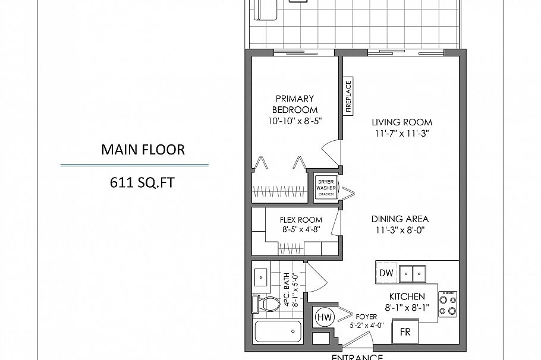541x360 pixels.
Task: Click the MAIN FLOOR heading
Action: [143, 149]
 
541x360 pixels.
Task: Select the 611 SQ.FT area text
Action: [143, 182]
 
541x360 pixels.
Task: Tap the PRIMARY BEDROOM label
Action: [294, 104]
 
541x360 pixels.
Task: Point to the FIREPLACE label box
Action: [348, 96]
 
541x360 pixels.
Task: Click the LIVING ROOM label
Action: [401, 122]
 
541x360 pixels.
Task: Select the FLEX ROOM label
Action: [301, 220]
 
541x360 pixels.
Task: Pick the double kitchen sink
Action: [413, 273]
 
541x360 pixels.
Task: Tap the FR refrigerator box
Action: [405, 332]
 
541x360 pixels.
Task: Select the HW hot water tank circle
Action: [324, 318]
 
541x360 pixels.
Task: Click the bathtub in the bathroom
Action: [278, 331]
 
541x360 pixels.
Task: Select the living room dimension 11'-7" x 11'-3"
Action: [401, 134]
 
